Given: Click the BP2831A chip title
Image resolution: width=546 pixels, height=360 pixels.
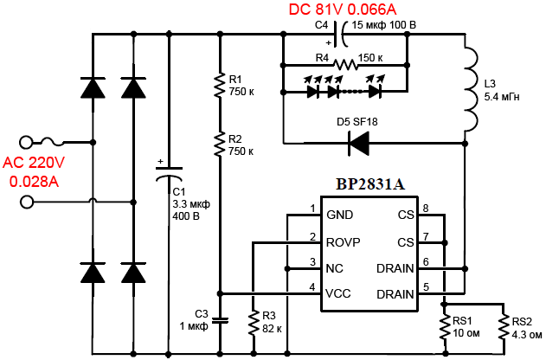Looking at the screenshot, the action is (x=370, y=184).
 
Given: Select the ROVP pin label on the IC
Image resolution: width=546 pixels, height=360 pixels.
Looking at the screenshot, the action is (x=343, y=242).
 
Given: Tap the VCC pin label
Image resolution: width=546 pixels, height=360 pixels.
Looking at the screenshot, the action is (x=338, y=293).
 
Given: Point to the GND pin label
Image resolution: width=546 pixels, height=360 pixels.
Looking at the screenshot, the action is (x=339, y=215).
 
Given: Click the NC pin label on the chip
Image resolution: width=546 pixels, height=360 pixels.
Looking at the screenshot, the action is (x=335, y=268).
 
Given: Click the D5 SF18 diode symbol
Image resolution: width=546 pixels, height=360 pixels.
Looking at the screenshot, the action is (x=358, y=143).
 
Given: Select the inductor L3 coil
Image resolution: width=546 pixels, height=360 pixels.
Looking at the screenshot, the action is (x=471, y=89).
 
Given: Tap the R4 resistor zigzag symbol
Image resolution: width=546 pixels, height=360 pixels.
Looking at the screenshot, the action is (x=345, y=65).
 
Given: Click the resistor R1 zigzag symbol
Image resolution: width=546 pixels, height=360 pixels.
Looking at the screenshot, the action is (x=220, y=86).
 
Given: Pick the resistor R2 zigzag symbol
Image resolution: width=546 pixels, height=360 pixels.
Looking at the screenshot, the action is (x=220, y=145).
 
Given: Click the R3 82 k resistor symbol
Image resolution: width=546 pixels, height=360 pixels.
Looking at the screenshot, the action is (x=254, y=323).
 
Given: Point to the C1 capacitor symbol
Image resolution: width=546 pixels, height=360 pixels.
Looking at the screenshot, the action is (x=169, y=173).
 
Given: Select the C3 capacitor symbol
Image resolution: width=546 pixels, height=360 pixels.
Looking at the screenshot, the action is (x=220, y=320).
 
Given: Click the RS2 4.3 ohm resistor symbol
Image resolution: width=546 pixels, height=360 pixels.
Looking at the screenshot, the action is (x=504, y=326).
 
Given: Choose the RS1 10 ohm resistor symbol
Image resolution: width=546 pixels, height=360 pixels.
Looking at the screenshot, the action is (x=444, y=326).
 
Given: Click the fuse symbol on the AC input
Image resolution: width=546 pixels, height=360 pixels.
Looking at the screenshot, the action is (x=52, y=142).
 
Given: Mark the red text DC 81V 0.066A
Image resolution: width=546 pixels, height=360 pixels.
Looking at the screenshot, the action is (x=343, y=10).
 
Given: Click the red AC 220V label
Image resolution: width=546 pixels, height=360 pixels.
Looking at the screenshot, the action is (x=34, y=163).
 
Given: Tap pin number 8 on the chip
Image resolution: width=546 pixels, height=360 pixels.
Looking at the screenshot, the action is (x=426, y=209).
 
